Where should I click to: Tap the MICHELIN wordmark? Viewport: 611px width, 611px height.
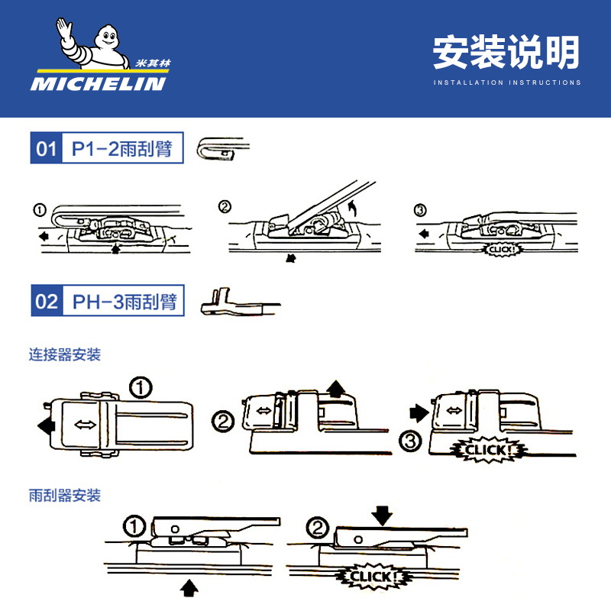click(98, 82)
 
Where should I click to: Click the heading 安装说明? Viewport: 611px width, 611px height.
click(506, 53)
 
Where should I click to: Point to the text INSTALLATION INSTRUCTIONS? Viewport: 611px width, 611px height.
click(506, 82)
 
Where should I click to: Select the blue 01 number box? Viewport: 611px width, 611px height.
click(47, 148)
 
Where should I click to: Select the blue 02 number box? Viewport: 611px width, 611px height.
click(47, 301)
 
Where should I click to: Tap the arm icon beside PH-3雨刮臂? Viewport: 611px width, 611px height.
click(232, 302)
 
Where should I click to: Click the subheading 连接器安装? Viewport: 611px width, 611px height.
click(65, 355)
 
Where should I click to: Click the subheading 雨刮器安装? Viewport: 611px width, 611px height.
click(65, 496)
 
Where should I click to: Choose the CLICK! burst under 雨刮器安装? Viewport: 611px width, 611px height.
click(375, 576)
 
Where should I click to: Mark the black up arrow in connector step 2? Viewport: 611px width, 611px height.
click(334, 388)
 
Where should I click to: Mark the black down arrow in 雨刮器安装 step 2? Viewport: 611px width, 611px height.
click(383, 516)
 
